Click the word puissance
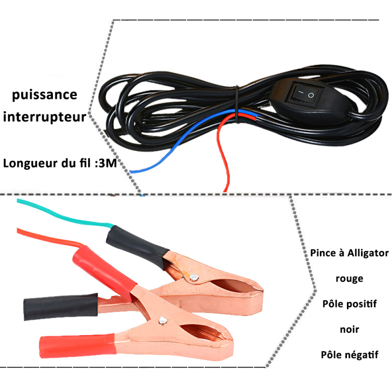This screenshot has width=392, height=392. [45, 95]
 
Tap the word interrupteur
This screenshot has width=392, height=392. [45, 117]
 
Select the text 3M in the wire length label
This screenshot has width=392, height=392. [108, 163]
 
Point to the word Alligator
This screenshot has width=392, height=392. [368, 253]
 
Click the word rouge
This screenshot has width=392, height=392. [349, 278]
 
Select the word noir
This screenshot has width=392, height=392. [349, 329]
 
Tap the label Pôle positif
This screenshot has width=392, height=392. [349, 304]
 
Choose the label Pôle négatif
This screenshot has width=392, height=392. [349, 355]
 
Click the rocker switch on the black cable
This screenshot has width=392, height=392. [306, 93]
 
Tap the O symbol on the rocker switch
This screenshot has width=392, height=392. [311, 95]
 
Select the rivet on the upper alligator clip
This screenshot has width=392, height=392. [194, 277]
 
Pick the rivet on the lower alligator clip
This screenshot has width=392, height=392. [163, 320]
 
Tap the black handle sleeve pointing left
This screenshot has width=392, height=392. [61, 306]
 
